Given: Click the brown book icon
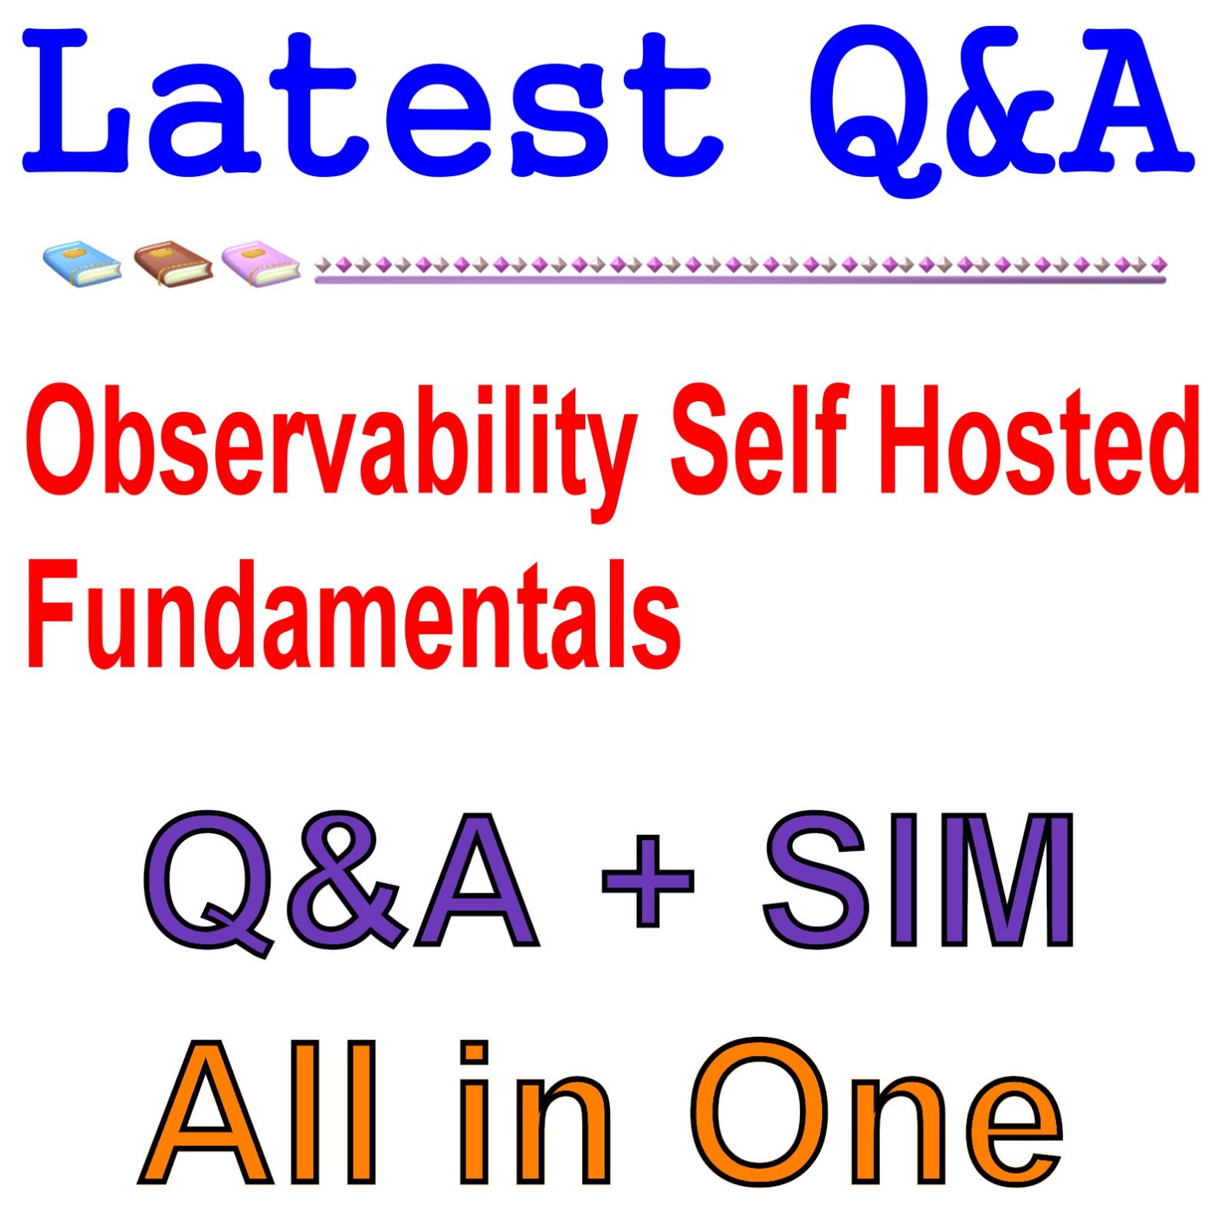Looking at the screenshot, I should (173, 264).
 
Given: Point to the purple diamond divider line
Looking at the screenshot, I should (740, 269).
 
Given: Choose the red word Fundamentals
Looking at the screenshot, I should (354, 615).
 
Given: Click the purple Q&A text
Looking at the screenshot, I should (338, 880).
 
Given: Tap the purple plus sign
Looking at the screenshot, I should (648, 880).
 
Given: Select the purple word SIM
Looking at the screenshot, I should (919, 880).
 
